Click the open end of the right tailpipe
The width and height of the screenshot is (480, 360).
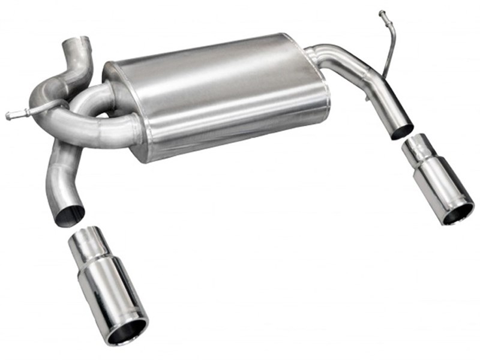pyautogui.click(x=402, y=131)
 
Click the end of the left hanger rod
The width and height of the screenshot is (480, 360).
pyautogui.click(x=9, y=115)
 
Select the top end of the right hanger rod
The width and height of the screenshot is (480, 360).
pyautogui.click(x=382, y=13)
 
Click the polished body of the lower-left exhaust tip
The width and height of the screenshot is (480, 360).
pyautogui.click(x=111, y=294)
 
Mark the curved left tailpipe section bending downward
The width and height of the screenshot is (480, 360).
pyautogui.click(x=60, y=174)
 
